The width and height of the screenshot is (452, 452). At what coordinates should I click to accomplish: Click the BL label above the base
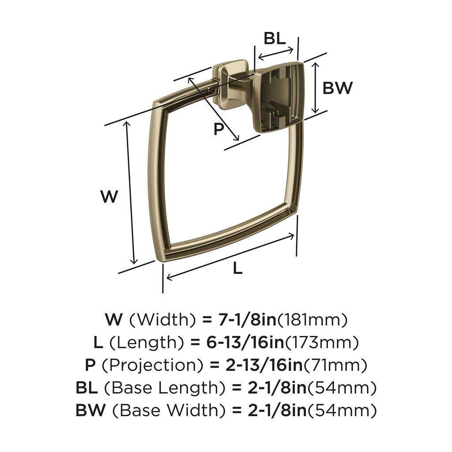tap(275, 39)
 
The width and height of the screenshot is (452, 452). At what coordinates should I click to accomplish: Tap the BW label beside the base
tap(338, 88)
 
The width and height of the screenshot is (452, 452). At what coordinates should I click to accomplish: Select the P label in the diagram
tap(218, 129)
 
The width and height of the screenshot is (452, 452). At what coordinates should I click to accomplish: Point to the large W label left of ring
tap(109, 196)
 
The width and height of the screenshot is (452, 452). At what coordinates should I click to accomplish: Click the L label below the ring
tap(238, 267)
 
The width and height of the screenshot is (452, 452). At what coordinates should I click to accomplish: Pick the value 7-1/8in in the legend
tap(248, 319)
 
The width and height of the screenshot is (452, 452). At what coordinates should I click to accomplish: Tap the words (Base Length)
tap(166, 388)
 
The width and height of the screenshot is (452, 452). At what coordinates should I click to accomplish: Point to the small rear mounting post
tap(227, 86)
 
